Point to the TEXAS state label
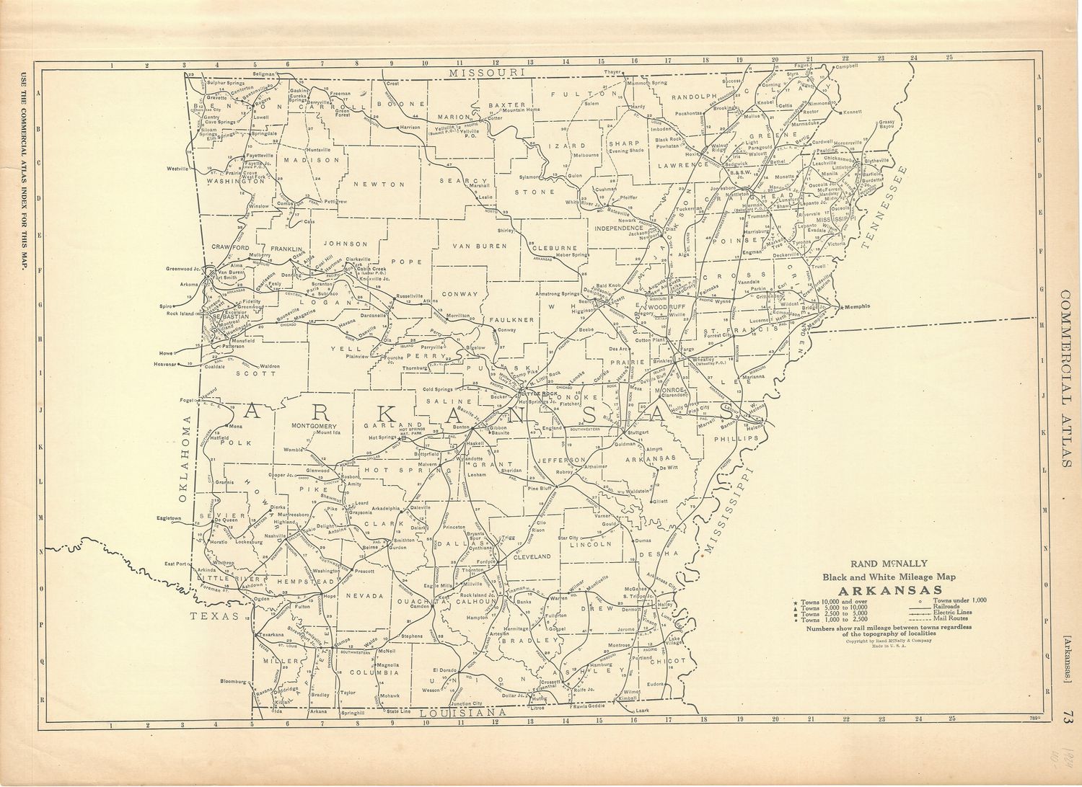[x=214, y=616]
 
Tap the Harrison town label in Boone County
[x=410, y=128]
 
